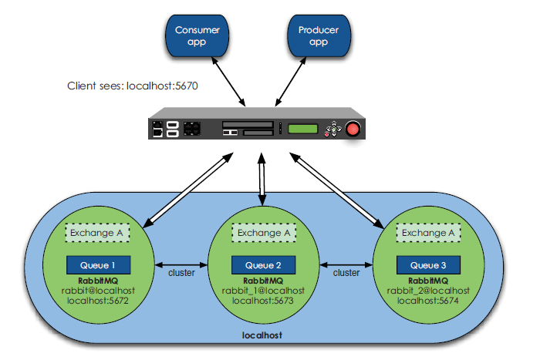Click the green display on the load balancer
point(303,129)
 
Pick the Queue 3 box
point(427,264)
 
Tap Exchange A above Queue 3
point(427,232)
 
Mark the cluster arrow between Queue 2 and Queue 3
point(346,262)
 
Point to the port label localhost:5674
point(427,301)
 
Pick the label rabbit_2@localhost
point(427,291)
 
